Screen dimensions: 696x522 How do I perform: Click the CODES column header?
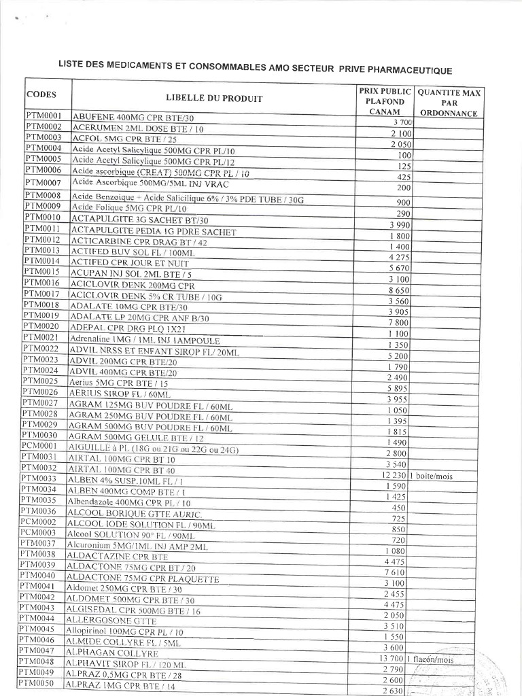41,95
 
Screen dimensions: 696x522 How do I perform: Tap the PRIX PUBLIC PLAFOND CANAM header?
385,101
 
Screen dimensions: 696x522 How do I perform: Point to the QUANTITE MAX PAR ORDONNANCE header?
448,102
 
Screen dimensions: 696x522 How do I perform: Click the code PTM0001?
44,116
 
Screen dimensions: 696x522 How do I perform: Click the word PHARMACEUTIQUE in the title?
413,70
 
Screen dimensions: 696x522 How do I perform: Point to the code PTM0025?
42,381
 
